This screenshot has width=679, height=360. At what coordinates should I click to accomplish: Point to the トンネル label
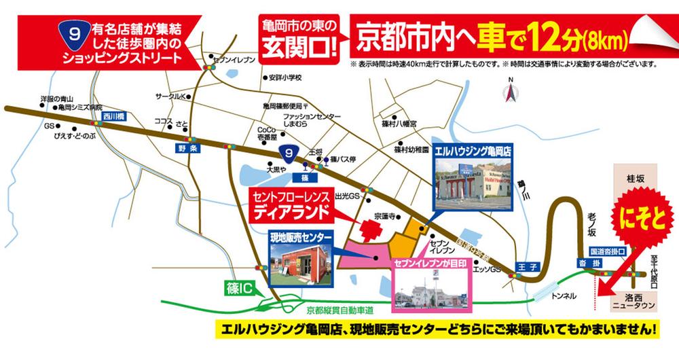[x=564, y=296]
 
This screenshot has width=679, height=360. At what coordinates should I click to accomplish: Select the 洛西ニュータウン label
[x=633, y=302]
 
